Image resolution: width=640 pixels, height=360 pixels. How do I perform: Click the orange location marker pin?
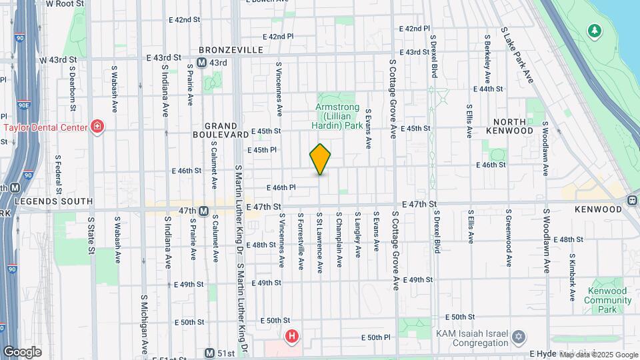tap(321, 159)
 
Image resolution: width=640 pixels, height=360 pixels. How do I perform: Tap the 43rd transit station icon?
tap(201, 63)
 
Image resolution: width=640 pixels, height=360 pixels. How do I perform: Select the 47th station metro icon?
tap(204, 211)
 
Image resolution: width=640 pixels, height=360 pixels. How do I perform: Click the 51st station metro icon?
tap(209, 353)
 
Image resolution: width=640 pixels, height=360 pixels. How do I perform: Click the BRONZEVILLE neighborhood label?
tap(230, 50)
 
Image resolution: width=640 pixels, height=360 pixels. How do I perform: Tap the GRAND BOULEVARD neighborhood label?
tap(221, 130)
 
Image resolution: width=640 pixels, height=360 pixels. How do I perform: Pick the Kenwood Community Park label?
tap(608, 296)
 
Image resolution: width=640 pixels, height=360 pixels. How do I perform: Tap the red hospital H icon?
tap(291, 337)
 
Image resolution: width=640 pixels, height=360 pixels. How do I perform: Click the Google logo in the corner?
tap(21, 352)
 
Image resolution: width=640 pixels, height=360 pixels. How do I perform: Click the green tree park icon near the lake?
tap(593, 31)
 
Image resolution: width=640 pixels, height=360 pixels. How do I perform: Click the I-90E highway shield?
tap(23, 104)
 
